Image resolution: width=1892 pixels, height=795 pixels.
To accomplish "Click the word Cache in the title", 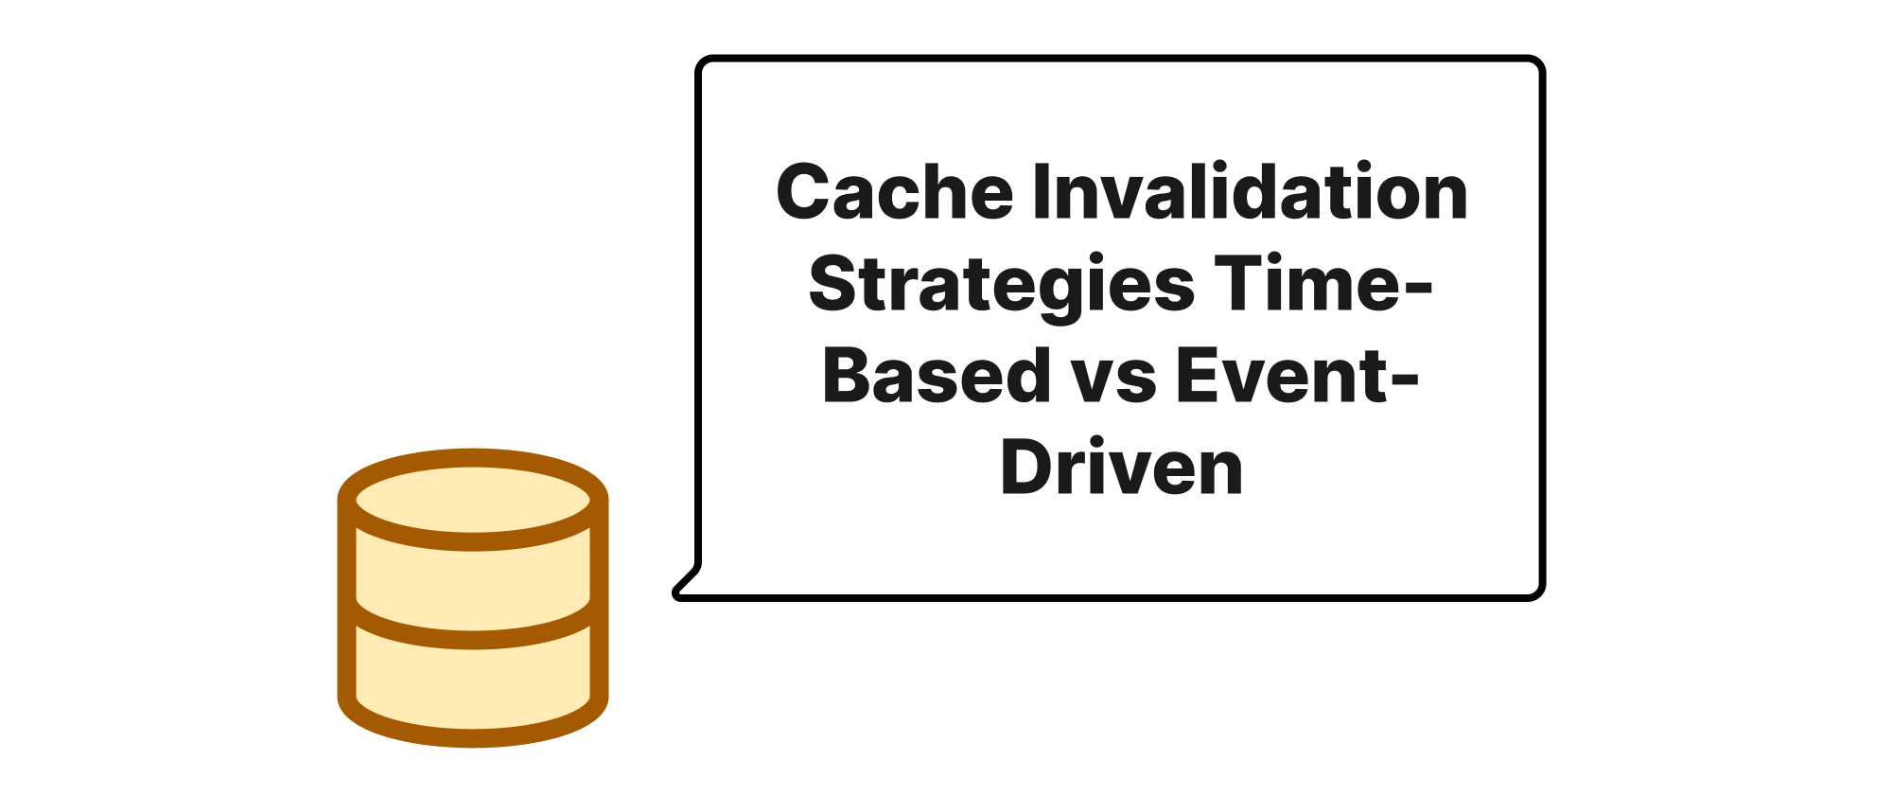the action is (x=895, y=191).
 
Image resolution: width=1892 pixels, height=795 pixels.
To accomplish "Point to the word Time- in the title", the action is (x=1323, y=283).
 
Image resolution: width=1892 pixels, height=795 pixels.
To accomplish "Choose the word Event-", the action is (x=1297, y=375).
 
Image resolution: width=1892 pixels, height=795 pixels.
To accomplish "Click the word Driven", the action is (x=1121, y=467).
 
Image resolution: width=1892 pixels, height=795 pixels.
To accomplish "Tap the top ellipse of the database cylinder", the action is (x=473, y=500).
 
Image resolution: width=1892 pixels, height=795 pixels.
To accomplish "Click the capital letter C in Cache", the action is (x=803, y=191).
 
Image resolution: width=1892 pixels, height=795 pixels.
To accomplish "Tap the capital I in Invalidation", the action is (x=1040, y=191).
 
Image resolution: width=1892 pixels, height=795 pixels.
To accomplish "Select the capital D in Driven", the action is (x=1027, y=467).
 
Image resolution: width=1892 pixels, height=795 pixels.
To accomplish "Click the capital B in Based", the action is (x=849, y=375).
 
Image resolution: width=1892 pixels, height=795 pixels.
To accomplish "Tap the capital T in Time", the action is (x=1239, y=283).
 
